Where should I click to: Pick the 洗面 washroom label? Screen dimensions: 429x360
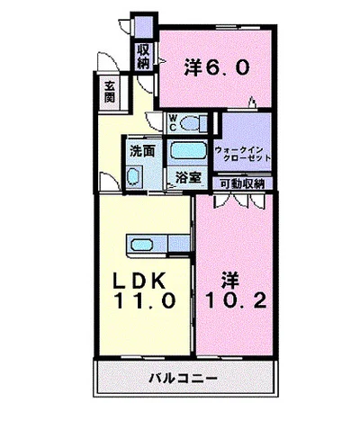[x=140, y=151]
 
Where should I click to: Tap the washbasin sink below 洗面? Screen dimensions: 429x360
[x=135, y=174]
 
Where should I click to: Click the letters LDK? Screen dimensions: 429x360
[x=134, y=279]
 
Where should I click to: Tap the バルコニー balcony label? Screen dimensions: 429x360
[x=184, y=379]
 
